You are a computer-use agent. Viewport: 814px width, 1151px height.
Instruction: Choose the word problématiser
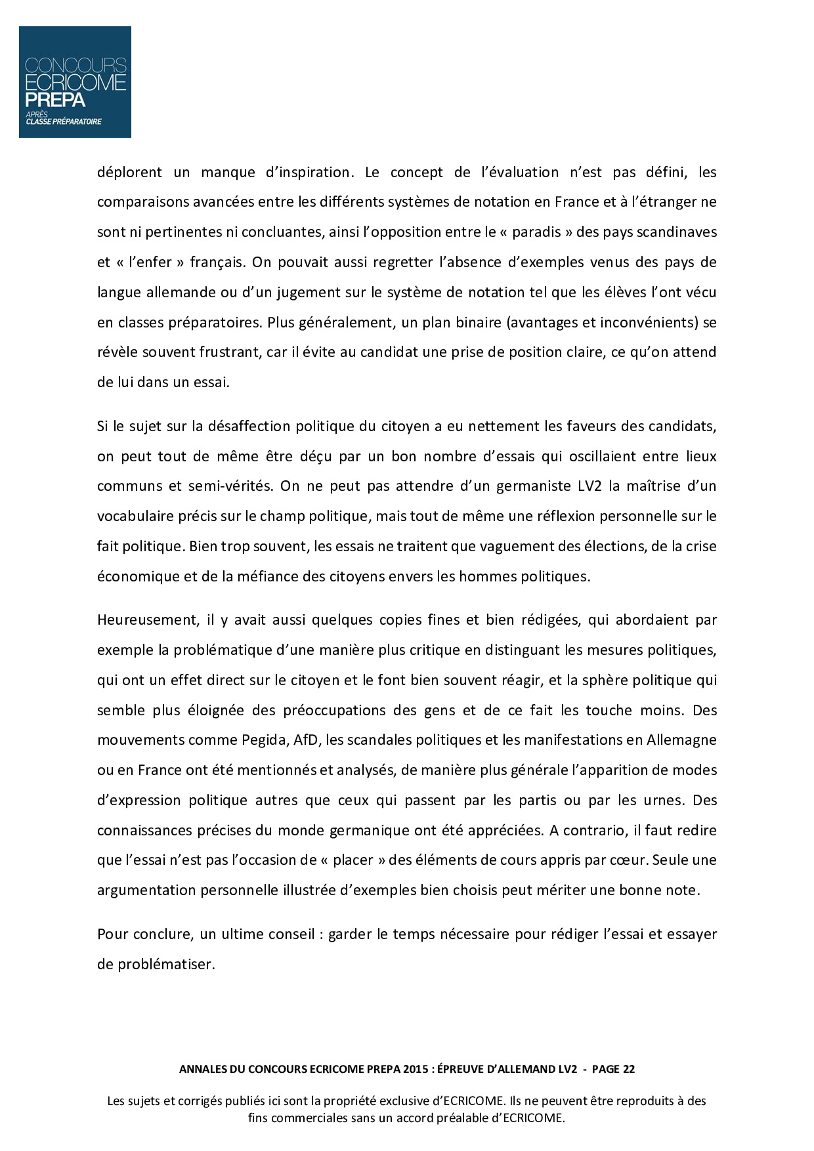[x=166, y=965]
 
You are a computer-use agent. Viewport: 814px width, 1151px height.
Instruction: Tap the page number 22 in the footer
[x=628, y=1069]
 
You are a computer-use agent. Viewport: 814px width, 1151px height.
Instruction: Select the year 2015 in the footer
[x=417, y=1069]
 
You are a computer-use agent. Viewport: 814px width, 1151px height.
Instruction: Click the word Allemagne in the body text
[x=681, y=740]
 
